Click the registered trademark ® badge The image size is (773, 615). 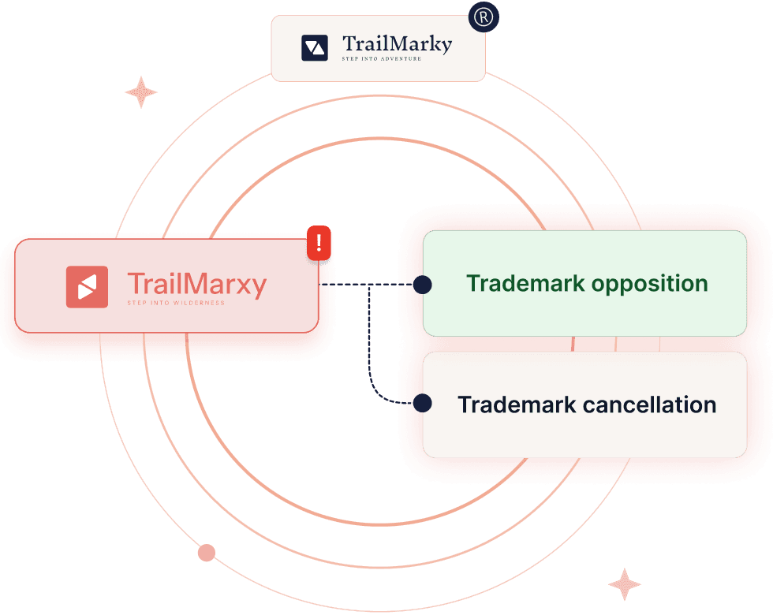[484, 17]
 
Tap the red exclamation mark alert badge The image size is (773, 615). [319, 243]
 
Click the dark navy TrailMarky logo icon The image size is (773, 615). [315, 48]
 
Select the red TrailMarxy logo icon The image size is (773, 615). [88, 287]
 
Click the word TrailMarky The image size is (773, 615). [398, 44]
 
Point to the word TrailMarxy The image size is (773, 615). [197, 285]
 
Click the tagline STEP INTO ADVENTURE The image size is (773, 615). [382, 58]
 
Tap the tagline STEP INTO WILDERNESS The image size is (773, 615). [176, 303]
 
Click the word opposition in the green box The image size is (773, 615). [650, 285]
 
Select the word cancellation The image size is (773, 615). [650, 404]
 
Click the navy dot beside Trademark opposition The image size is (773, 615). [423, 285]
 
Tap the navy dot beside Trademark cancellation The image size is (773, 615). [423, 403]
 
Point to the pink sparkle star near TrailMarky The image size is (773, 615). [141, 92]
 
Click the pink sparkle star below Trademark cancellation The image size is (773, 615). [625, 584]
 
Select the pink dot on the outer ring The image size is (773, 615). [207, 553]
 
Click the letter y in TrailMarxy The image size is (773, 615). [259, 288]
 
